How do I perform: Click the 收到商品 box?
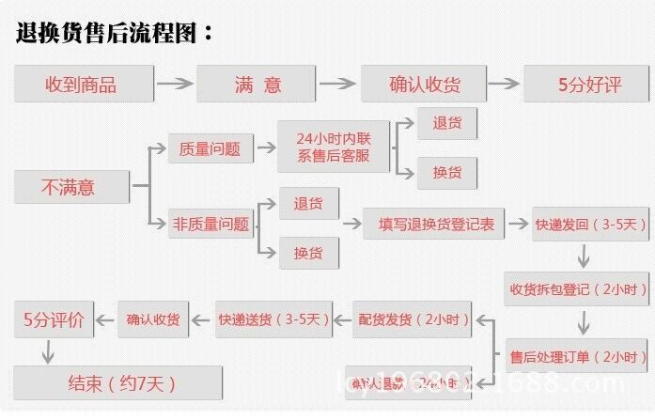click(84, 85)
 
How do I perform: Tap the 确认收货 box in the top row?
click(424, 85)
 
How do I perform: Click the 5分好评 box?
click(587, 85)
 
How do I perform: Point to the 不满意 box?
click(70, 186)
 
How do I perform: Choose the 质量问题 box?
click(211, 148)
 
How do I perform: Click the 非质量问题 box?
click(211, 224)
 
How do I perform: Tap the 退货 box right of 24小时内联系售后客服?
click(446, 123)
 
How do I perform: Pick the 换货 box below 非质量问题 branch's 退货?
click(309, 252)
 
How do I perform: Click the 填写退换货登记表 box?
click(435, 224)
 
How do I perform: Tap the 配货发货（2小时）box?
click(413, 319)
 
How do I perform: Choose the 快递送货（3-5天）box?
click(274, 319)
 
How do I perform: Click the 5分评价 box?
click(54, 320)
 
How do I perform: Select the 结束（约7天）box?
click(117, 382)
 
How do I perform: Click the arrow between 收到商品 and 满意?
click(174, 85)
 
